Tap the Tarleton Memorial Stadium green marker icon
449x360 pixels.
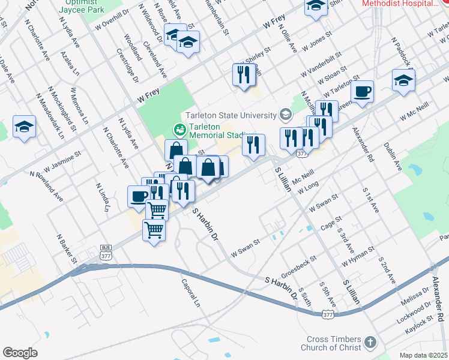coord(178,129)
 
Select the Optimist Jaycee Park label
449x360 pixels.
coord(83,6)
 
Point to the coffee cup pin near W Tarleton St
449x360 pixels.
coord(362,92)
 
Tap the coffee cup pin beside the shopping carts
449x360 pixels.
coord(139,197)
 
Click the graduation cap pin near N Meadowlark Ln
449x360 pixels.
coord(24,127)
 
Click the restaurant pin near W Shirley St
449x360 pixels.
coord(244,75)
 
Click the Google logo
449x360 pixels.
coord(20,352)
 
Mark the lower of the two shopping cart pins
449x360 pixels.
coord(154,229)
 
